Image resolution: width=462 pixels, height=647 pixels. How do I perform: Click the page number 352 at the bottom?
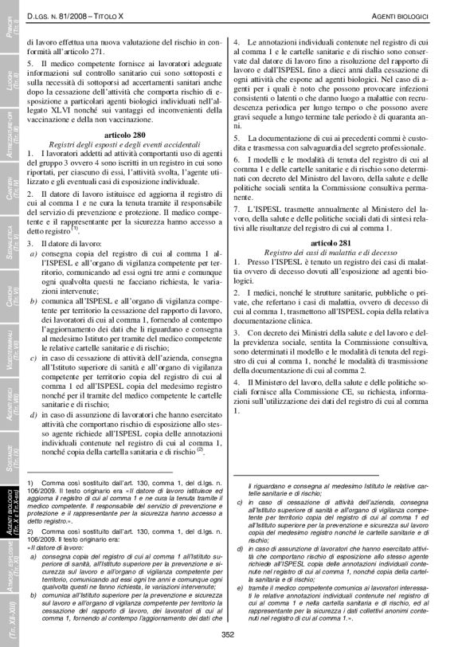pos(228,633)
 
